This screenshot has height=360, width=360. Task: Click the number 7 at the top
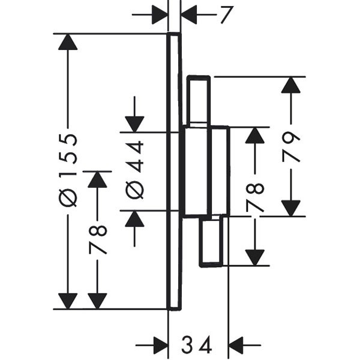pyautogui.click(x=226, y=15)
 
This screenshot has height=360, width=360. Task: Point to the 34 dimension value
pyautogui.click(x=197, y=345)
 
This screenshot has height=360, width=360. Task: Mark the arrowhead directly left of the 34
pyautogui.click(x=159, y=345)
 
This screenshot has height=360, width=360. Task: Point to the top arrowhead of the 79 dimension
pyautogui.click(x=291, y=85)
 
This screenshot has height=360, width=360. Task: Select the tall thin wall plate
pyautogui.click(x=173, y=172)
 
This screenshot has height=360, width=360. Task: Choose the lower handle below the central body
pyautogui.click(x=212, y=241)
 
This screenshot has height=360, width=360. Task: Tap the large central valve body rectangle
pyautogui.click(x=205, y=171)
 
